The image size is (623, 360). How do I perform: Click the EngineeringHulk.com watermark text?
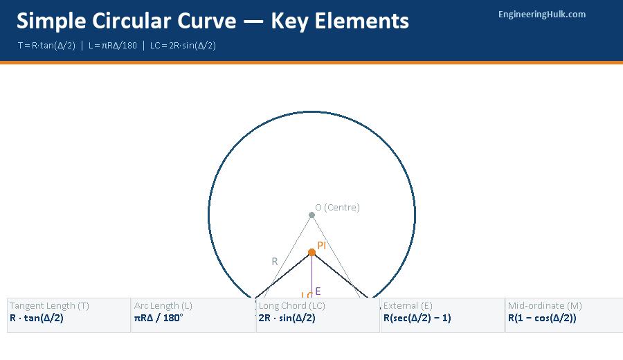(x=542, y=14)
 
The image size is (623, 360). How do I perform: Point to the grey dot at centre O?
(x=311, y=215)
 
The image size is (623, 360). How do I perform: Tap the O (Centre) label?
(x=337, y=207)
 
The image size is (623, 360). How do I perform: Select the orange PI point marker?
(x=311, y=252)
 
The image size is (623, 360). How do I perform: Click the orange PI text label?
(x=322, y=245)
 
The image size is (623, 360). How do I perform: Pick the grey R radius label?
(x=274, y=261)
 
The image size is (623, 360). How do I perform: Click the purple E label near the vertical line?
(x=318, y=291)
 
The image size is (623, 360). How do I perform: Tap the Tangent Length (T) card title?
(x=49, y=305)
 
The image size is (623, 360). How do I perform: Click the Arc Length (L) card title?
(x=163, y=305)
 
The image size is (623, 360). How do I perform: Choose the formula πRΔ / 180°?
(x=159, y=318)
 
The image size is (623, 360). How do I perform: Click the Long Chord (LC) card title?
(x=292, y=305)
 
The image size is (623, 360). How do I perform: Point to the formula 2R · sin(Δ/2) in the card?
(x=287, y=318)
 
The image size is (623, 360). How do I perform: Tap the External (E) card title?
(x=408, y=305)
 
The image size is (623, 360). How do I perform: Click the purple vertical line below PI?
(x=311, y=277)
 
